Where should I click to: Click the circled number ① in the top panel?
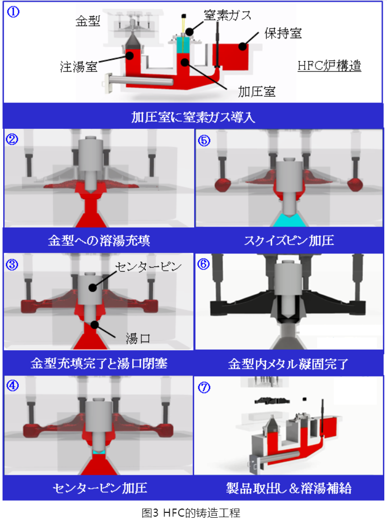tap(13, 12)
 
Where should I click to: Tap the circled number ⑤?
tap(204, 141)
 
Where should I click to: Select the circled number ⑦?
tap(204, 387)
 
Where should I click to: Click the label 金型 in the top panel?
tap(88, 21)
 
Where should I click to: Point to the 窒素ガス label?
tap(228, 16)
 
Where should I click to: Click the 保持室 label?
tap(283, 33)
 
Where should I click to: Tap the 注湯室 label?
tap(78, 67)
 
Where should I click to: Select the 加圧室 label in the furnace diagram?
tap(257, 91)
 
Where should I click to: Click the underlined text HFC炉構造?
tap(329, 66)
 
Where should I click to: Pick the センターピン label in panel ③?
tap(148, 266)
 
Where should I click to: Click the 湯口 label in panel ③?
tap(138, 338)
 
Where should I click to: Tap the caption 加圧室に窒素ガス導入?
tap(193, 117)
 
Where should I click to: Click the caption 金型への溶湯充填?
tap(99, 241)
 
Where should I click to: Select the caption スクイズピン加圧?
tap(289, 241)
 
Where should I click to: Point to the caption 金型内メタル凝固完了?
tap(288, 364)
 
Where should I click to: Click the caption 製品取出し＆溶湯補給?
tap(289, 488)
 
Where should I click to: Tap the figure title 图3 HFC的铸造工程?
tap(191, 513)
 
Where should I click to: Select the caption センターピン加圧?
tap(100, 488)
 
